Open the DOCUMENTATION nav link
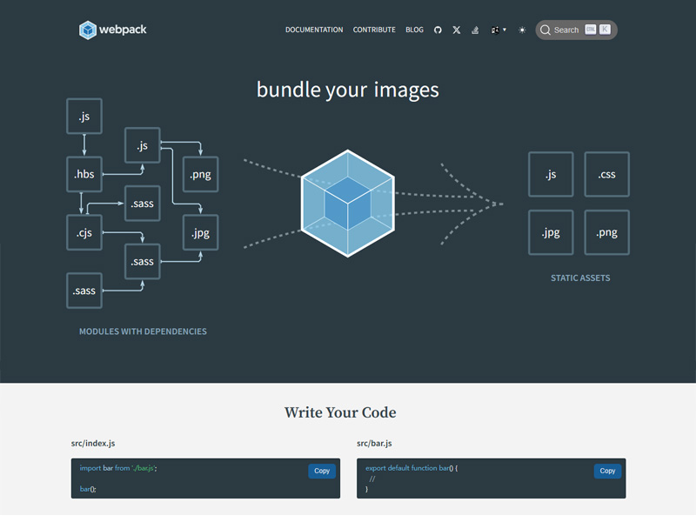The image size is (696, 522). pos(314,30)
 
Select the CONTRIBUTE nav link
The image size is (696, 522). pos(374,30)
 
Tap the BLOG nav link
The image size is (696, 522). pos(414,30)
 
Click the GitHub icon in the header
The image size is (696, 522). pos(438,30)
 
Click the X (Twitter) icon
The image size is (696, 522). pos(457,30)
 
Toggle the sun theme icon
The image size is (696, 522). pos(522,30)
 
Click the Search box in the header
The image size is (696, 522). pos(576,30)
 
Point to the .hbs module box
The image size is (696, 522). pos(84,174)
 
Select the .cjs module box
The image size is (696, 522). pos(84,231)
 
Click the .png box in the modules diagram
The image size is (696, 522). pos(201,174)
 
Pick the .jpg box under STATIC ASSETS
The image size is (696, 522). pos(551,232)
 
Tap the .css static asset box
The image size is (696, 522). pos(606,174)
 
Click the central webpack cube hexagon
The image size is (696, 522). pos(348,203)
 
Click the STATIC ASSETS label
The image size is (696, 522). pos(580,278)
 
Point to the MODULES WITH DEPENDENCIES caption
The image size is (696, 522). pos(143,331)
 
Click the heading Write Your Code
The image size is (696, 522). pos(340,412)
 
